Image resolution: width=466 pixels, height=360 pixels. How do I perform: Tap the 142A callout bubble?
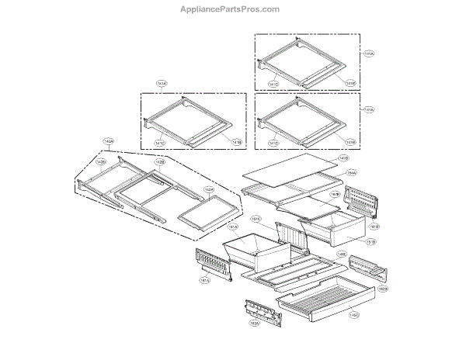pyautogui.click(x=108, y=141)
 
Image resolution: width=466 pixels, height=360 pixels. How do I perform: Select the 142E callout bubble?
pyautogui.click(x=209, y=189)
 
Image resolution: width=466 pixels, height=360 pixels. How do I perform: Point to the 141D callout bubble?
pyautogui.click(x=343, y=158)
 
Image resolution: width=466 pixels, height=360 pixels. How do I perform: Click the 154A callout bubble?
pyautogui.click(x=352, y=172)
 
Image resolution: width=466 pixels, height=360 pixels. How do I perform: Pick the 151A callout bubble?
pyautogui.click(x=232, y=227)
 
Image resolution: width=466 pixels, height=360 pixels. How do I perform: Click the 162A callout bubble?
pyautogui.click(x=253, y=323)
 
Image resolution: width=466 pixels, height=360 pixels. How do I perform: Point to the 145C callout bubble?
pyautogui.click(x=353, y=314)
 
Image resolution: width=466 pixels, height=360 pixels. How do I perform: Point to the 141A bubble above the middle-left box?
pyautogui.click(x=162, y=82)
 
